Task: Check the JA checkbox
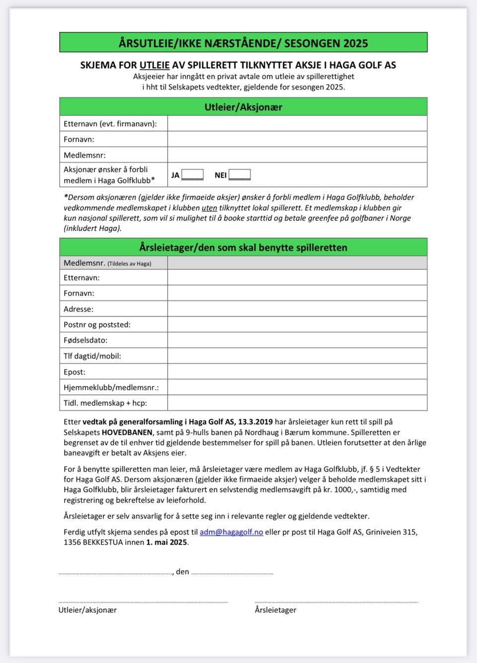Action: [192, 175]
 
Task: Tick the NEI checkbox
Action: [239, 175]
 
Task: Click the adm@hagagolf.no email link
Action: [231, 532]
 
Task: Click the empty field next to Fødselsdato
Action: [297, 340]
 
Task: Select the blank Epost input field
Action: [297, 372]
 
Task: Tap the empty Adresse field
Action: [297, 309]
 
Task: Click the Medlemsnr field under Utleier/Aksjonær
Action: [297, 155]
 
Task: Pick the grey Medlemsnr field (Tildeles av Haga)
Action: [297, 263]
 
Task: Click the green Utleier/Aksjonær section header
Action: [243, 107]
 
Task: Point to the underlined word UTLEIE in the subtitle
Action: [155, 65]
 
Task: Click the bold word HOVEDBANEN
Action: [127, 432]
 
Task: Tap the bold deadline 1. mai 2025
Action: [166, 542]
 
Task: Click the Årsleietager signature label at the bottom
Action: [275, 610]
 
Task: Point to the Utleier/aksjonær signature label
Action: [87, 610]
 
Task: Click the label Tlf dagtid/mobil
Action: [92, 356]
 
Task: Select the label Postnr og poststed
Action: [97, 325]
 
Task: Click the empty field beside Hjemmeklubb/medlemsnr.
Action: [297, 387]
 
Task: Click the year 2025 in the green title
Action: [355, 43]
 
